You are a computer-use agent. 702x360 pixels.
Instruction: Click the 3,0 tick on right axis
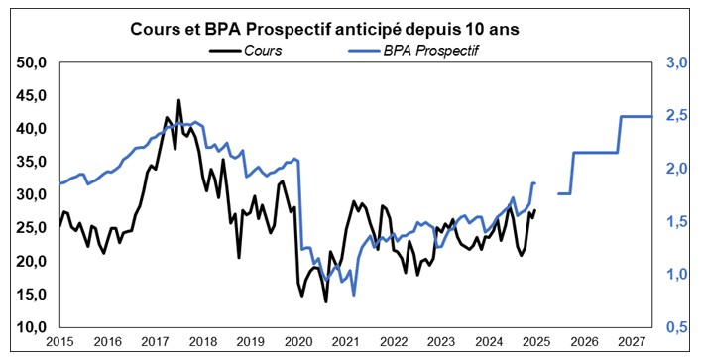pos(677,62)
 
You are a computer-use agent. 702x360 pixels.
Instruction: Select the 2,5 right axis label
pos(677,116)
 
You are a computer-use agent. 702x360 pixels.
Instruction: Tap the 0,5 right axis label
pos(677,327)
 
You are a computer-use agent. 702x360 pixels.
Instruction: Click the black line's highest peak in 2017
pos(178,100)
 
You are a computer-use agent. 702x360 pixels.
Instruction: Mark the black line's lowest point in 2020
pos(325,300)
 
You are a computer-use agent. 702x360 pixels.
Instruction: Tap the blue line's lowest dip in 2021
pos(354,294)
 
